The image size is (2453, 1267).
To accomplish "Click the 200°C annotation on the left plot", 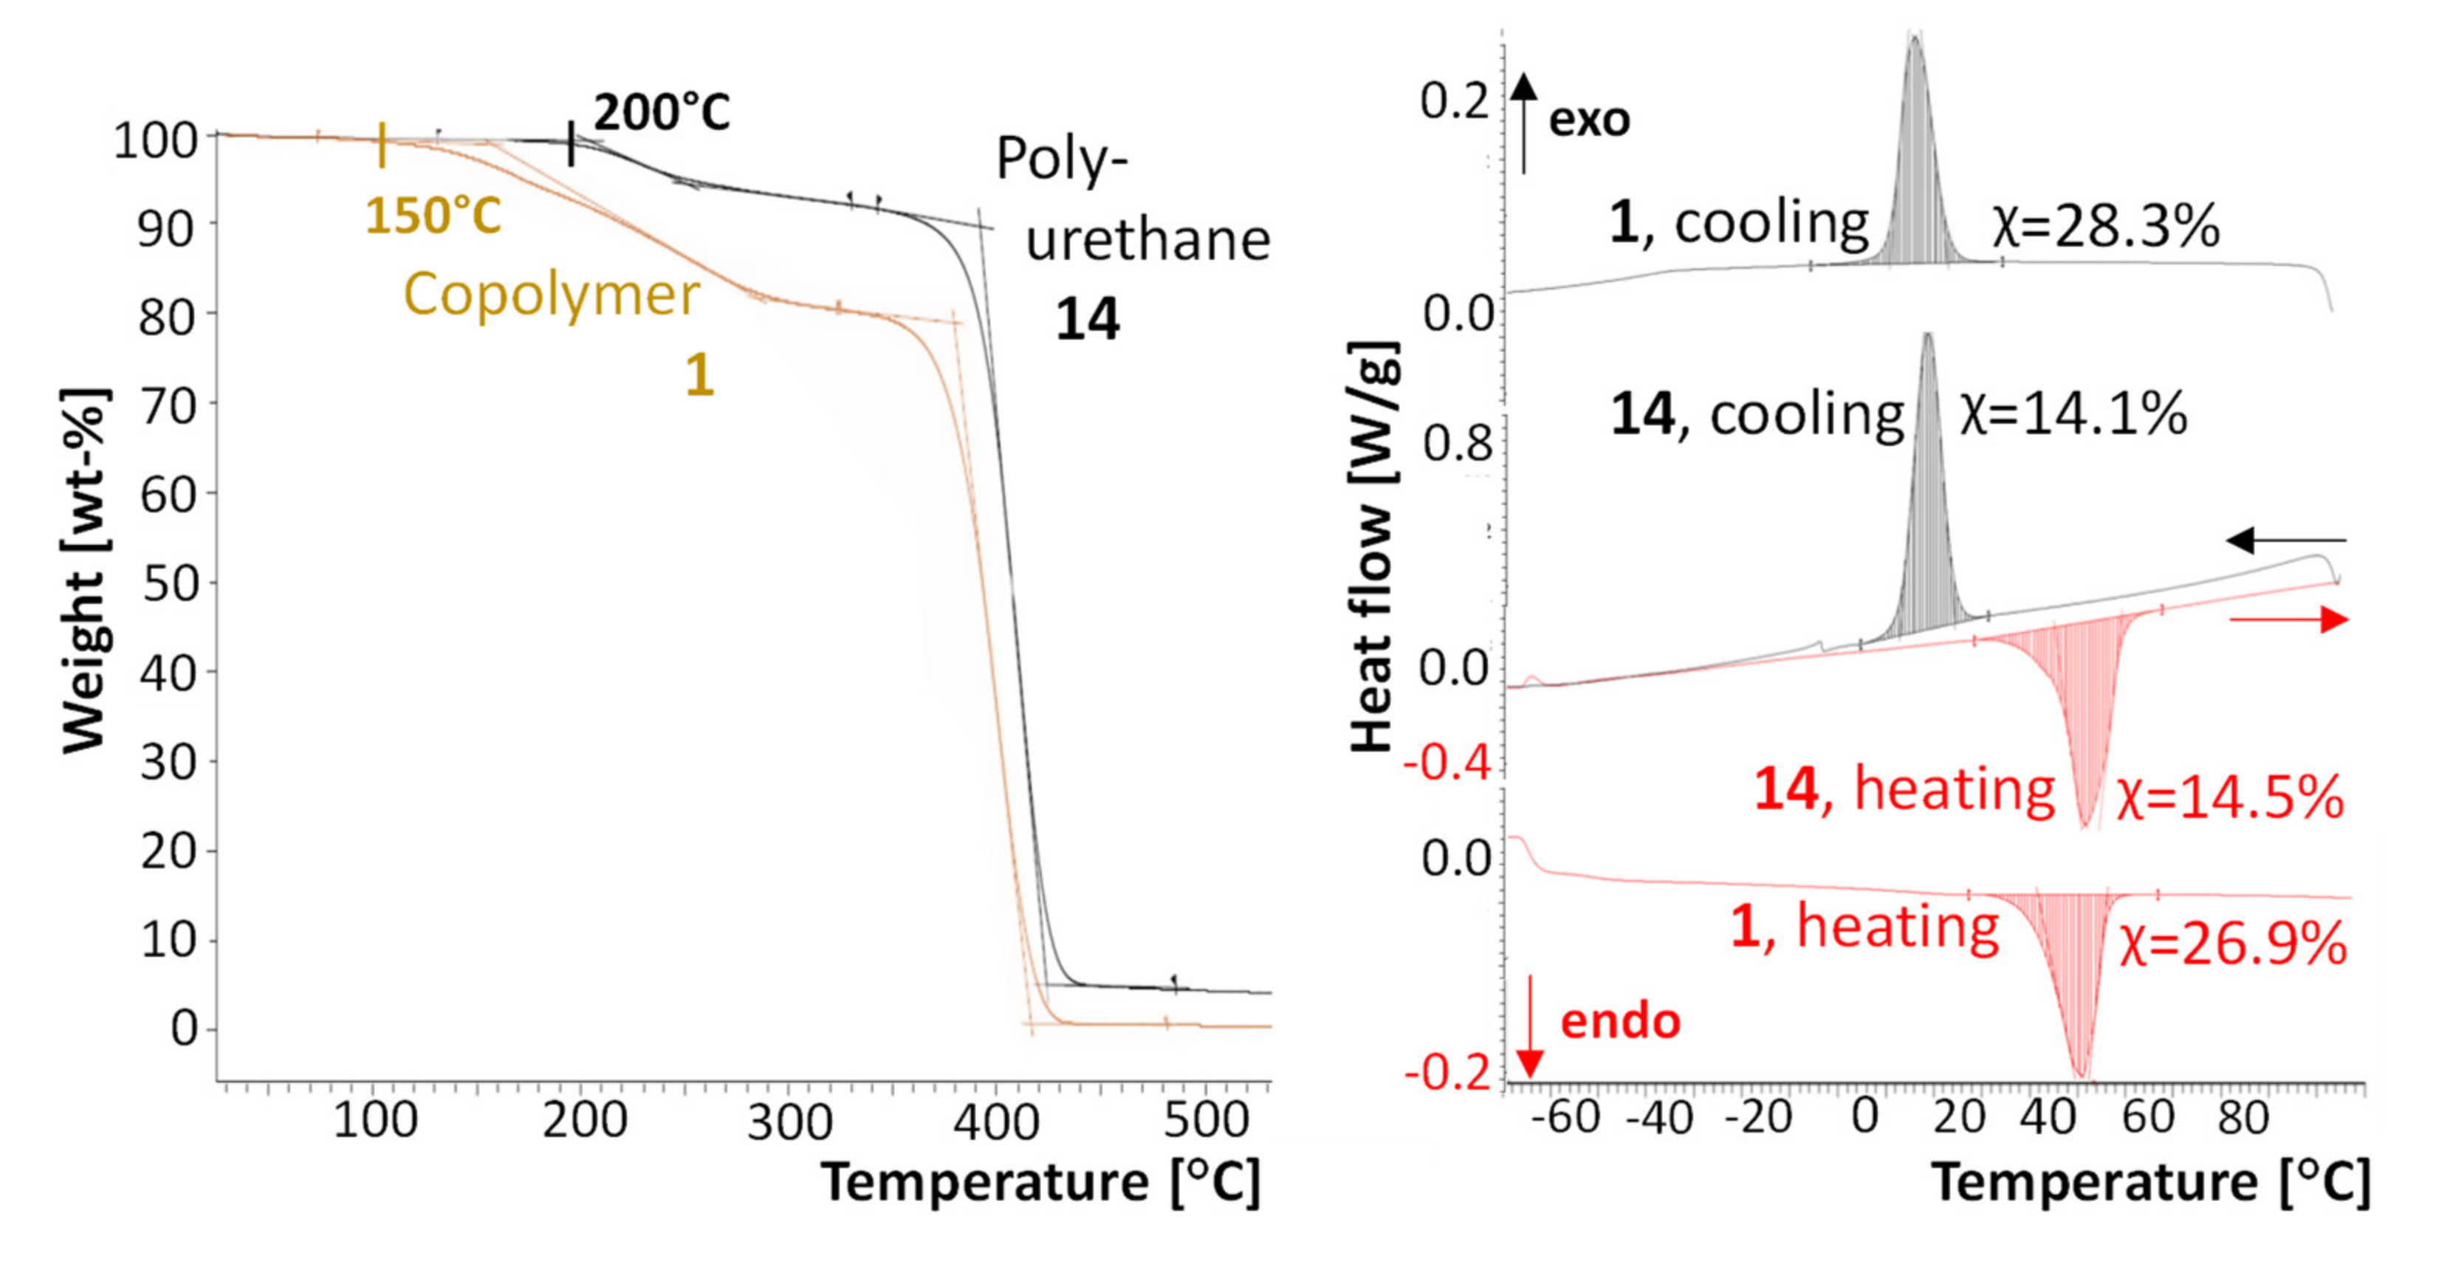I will coord(662,112).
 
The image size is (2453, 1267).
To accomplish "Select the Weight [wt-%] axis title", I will coord(83,571).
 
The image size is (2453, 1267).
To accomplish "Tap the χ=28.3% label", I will coord(2105,227).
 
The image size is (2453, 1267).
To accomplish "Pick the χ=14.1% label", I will coord(2073,415).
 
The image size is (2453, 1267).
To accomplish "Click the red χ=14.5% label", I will coord(2229,797).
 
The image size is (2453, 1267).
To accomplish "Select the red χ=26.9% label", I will coord(2232,945).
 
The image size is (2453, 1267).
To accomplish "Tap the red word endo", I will coord(1620,1021).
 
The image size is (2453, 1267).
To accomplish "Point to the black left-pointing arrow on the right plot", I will coord(2285,540).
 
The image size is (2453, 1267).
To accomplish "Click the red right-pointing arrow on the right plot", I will coord(2289,621).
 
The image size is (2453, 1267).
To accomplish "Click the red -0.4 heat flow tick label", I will coord(1447,763).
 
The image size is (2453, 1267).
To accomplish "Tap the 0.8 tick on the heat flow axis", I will coord(1456,444).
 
